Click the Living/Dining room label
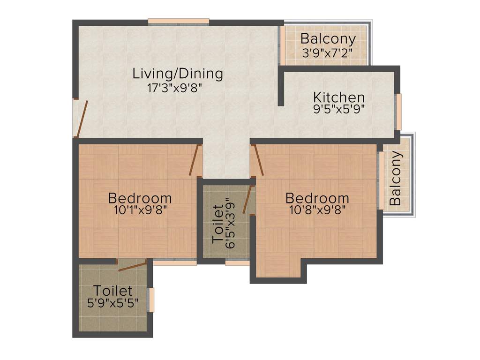178,74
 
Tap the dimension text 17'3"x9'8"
174,88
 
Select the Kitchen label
339,97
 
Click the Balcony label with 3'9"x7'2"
328,38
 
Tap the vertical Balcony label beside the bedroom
395,178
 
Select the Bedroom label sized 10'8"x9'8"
317,198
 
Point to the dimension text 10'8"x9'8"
317,210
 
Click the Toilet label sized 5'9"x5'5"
112,291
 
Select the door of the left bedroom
194,160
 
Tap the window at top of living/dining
179,21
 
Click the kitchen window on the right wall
398,112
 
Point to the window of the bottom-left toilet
151,300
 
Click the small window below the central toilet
237,262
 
